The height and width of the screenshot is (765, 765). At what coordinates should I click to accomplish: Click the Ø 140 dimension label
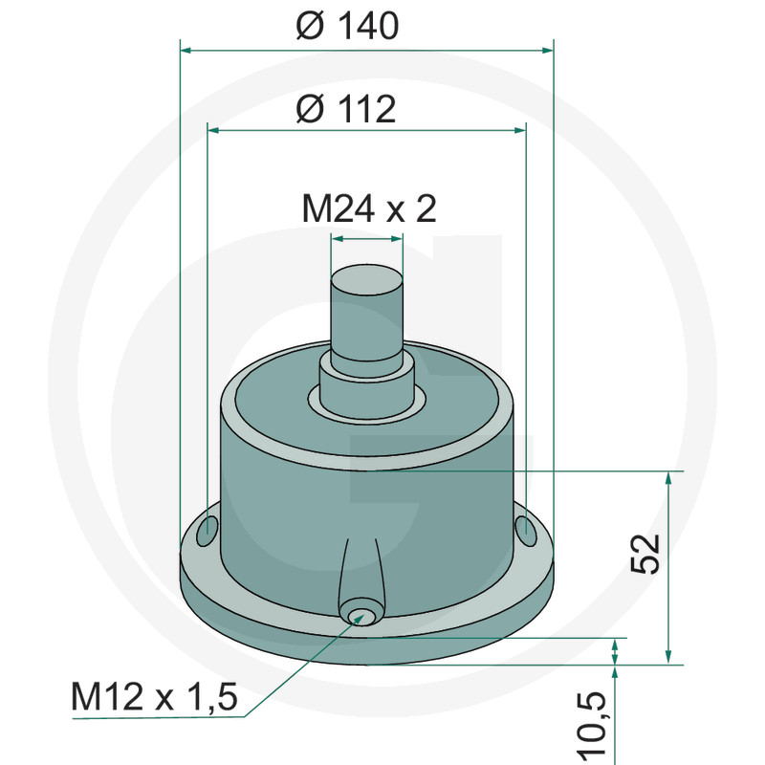click(x=346, y=26)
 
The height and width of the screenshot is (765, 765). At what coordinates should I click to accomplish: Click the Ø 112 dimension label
click(x=346, y=110)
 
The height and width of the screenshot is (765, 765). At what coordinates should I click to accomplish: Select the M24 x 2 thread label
click(x=369, y=208)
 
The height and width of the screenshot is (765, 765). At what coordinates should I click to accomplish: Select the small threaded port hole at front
click(x=361, y=614)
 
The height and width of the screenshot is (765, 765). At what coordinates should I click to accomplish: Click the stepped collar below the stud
click(x=365, y=387)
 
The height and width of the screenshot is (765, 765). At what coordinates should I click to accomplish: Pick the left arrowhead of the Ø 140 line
click(x=186, y=48)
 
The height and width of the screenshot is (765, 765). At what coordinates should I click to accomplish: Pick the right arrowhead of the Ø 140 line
click(x=547, y=48)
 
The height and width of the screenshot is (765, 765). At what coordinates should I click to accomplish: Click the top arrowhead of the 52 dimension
click(x=667, y=477)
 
